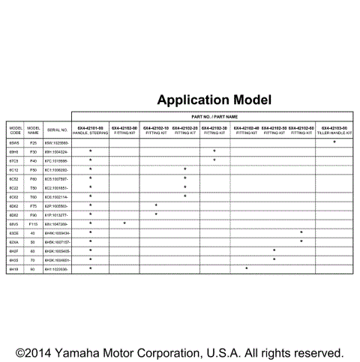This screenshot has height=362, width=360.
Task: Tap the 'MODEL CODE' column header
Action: [14, 128]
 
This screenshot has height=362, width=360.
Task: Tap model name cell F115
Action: [33, 223]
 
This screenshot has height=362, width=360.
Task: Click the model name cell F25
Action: [33, 142]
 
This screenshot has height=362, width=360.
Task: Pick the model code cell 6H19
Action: [14, 268]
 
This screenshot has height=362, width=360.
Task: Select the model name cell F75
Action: [33, 205]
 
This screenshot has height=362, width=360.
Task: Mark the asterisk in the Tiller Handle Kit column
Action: [334, 142]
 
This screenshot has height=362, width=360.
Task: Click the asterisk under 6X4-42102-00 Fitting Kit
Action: [124, 223]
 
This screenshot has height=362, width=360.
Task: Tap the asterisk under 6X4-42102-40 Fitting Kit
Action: [247, 268]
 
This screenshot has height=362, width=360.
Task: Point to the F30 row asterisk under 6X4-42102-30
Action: [214, 151]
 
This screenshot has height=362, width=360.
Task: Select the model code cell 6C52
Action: [14, 178]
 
